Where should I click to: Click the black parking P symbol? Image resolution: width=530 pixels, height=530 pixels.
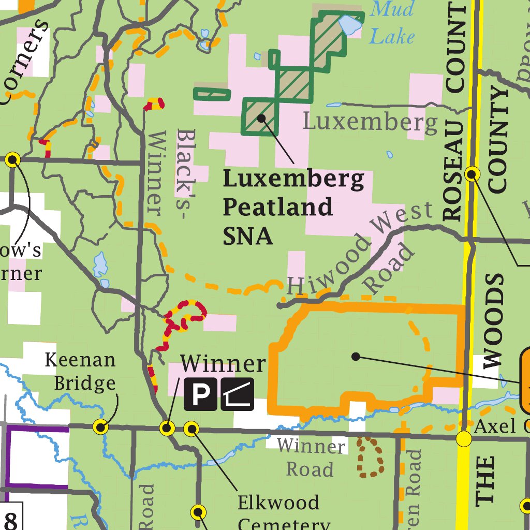tap(200, 394)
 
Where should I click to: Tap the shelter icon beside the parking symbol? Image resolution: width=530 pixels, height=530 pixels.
tap(238, 394)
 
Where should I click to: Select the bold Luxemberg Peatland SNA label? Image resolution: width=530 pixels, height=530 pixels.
tap(293, 207)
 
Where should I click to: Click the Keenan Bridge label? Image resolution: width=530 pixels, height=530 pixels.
tap(80, 371)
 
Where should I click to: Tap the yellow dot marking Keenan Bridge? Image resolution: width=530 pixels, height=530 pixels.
tap(100, 427)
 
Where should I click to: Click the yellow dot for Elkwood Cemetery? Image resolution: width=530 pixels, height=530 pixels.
tap(192, 429)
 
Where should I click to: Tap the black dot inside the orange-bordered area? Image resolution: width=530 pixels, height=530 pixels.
tap(355, 356)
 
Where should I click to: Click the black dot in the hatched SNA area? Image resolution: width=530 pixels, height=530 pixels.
tap(262, 118)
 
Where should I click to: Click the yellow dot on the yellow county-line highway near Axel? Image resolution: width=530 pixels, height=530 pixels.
tap(464, 439)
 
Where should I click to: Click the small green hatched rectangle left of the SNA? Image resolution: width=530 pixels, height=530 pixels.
tap(212, 94)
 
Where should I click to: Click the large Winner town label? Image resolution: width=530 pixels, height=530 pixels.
tap(223, 364)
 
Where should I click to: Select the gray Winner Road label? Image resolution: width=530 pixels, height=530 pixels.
tap(311, 458)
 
